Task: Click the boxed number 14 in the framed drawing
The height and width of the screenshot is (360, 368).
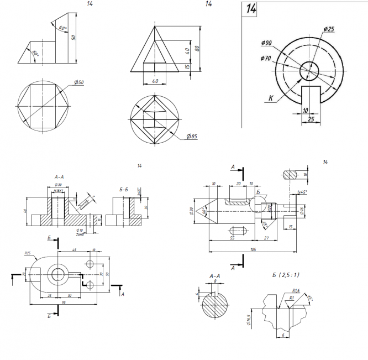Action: (251, 9)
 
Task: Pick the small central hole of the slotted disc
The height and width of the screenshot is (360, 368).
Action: (309, 70)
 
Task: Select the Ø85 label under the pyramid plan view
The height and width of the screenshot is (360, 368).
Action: (192, 137)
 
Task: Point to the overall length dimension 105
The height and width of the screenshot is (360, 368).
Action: (252, 249)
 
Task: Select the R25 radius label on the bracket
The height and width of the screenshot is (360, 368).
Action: (28, 253)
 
